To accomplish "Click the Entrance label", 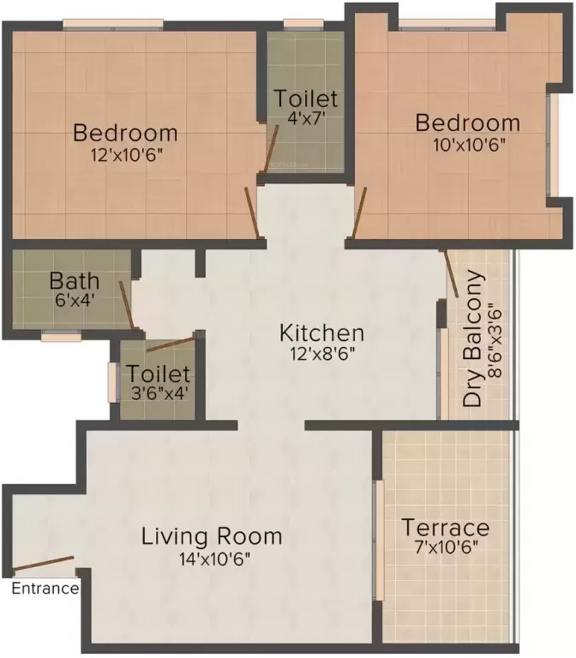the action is [x=45, y=589].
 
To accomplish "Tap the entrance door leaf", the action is [x=44, y=564].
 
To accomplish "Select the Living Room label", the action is [x=212, y=537].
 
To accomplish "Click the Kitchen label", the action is [x=322, y=333].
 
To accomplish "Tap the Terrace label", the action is [x=446, y=528].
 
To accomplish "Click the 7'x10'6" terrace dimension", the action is [x=447, y=547].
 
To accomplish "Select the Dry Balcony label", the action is [x=472, y=338].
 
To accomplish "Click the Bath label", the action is [x=75, y=281].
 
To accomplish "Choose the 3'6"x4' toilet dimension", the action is [x=159, y=393].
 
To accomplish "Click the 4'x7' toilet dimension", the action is [x=307, y=119].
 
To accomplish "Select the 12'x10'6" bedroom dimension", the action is [x=127, y=155].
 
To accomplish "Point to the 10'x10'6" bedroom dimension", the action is [x=469, y=145].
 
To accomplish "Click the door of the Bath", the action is [x=126, y=305].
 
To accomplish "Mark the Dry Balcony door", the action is [x=451, y=273].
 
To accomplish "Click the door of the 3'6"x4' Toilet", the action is [x=171, y=344].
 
